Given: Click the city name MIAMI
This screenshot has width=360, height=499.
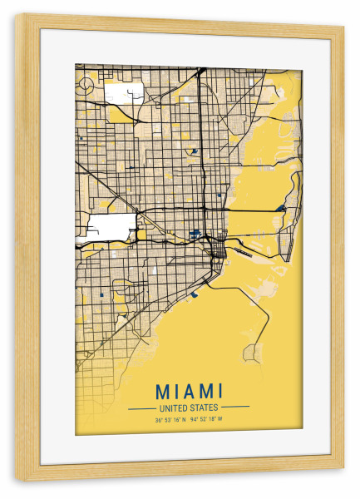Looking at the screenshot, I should coord(189,390).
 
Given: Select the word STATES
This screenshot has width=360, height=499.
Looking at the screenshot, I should coord(203,408).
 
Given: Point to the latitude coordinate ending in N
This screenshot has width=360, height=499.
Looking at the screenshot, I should coord(170,420).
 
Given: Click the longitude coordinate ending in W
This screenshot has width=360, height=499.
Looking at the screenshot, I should coord(208,420).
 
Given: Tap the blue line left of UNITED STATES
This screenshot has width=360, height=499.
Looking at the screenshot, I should coord(141,408).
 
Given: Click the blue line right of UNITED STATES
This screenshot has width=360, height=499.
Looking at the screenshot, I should coord(236,408).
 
